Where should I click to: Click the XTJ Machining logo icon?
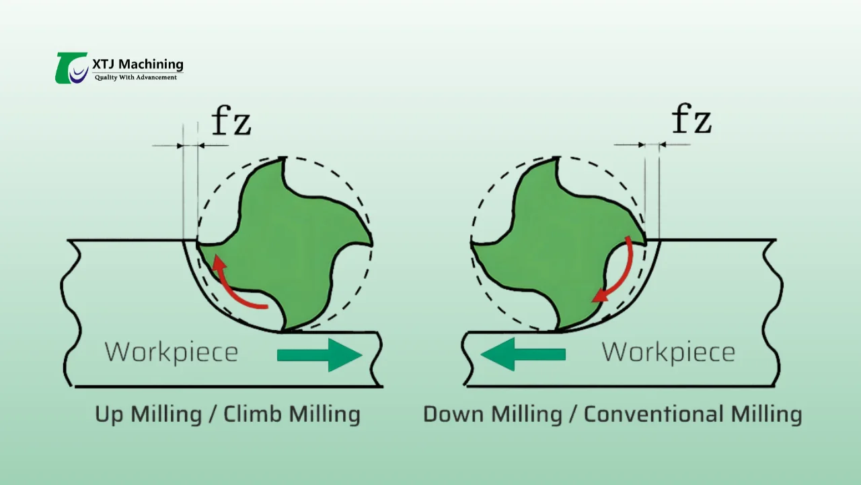71,68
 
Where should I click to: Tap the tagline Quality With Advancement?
136,77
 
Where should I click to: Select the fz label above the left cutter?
231,122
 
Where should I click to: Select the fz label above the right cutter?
691,121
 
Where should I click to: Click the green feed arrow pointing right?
320,354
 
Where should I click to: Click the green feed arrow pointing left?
523,354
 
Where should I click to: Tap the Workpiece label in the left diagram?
172,352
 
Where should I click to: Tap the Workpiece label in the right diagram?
668,352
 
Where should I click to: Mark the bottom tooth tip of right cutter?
558,331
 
